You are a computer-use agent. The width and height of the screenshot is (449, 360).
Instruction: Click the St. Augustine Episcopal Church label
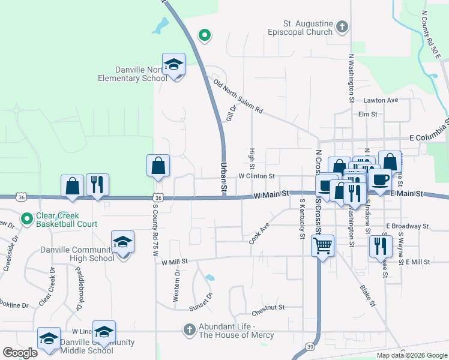pos(300,27)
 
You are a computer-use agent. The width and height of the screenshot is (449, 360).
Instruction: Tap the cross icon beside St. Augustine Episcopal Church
pos(342,26)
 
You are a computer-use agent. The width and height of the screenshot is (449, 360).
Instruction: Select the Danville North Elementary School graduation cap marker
pos(174,65)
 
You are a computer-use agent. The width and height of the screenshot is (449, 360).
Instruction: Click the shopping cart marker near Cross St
pos(323,245)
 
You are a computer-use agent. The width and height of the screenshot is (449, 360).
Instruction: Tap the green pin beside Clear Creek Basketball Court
pos(26,219)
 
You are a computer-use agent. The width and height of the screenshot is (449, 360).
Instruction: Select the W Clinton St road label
pos(256,176)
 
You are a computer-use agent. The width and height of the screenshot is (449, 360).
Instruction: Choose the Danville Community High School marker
pos(122,243)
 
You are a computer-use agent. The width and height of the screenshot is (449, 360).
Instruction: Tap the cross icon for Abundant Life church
pos(189,329)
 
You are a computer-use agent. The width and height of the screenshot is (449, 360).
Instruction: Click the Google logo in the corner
pos(20,353)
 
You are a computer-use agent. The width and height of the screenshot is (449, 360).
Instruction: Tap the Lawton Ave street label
pos(381,100)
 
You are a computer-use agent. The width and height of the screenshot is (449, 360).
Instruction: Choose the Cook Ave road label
pos(260,234)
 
